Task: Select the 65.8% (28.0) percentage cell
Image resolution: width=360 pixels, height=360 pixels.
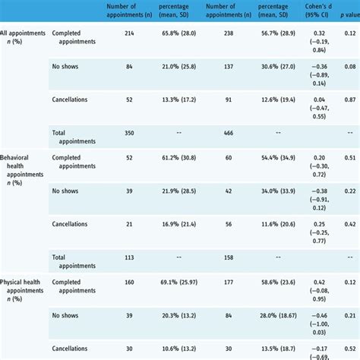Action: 179,34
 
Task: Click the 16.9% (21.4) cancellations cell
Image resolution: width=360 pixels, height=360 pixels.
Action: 179,224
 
